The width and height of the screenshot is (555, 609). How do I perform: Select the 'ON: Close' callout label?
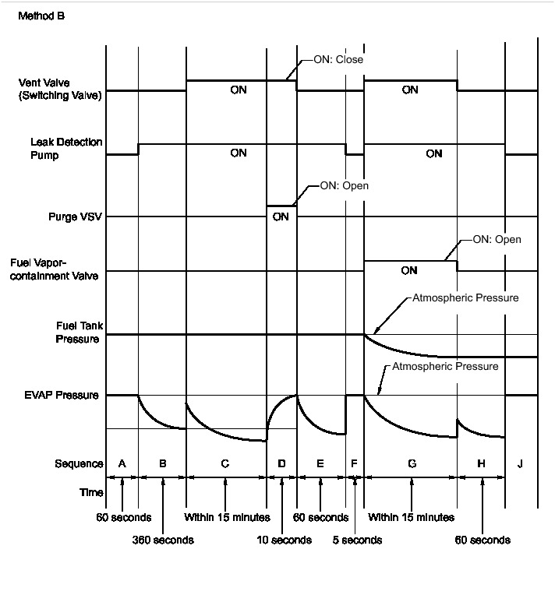point(338,59)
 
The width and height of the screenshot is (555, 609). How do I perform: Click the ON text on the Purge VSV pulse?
point(281,216)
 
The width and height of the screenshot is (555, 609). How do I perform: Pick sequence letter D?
point(281,463)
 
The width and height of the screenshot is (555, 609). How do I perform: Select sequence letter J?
point(521,463)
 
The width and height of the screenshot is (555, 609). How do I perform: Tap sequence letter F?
point(354,463)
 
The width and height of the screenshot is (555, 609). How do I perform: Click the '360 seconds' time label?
point(162,540)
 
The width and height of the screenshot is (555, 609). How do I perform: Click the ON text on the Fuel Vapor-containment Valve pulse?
point(409,271)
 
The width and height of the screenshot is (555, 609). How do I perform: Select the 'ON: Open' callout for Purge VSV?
point(344,186)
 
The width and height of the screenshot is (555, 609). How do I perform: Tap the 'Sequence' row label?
point(79,463)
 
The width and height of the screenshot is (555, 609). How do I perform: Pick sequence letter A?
point(122,463)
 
